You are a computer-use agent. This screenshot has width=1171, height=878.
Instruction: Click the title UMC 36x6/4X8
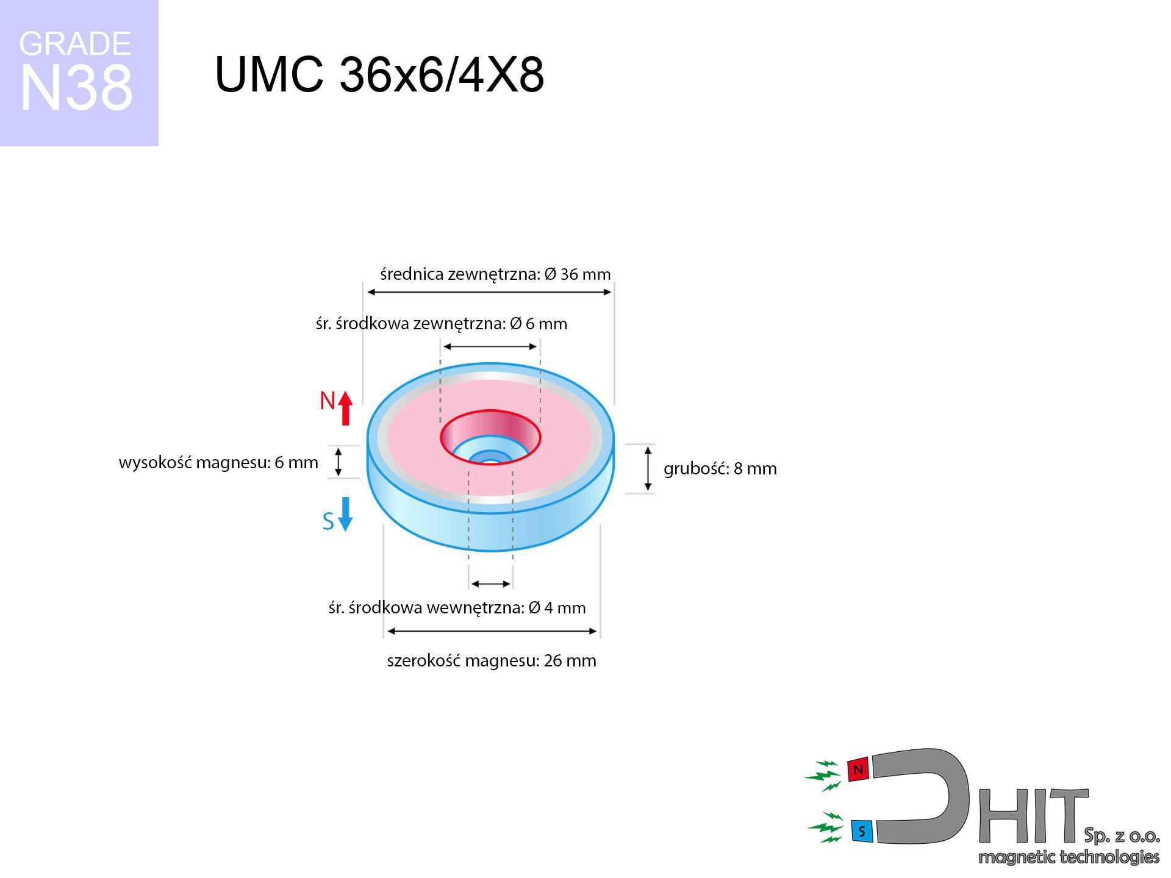[379, 75]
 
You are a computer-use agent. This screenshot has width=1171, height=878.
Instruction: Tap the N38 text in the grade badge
[76, 88]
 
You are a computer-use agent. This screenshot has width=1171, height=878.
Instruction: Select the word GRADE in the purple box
[75, 44]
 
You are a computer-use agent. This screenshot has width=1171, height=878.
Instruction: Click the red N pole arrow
[345, 408]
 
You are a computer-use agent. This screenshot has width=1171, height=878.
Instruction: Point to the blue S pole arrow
[345, 514]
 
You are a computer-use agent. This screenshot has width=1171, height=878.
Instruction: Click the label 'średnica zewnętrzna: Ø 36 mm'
[495, 274]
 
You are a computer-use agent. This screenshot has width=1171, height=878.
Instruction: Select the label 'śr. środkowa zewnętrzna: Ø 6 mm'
[442, 324]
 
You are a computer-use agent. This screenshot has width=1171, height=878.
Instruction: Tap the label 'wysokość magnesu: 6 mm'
[218, 463]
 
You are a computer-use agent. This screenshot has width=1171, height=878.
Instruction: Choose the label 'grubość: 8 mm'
[720, 468]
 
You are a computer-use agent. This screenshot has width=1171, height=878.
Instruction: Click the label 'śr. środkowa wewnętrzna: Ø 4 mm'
[457, 608]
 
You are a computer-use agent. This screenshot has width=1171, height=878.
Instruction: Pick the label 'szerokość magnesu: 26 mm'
[492, 661]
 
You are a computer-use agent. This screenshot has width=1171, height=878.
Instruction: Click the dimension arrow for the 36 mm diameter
[489, 292]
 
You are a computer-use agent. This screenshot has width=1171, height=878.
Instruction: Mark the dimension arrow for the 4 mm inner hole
[491, 584]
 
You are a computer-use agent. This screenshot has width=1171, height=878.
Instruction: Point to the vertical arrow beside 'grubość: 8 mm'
[648, 468]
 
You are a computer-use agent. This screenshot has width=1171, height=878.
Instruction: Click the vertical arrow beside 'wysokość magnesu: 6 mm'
[338, 462]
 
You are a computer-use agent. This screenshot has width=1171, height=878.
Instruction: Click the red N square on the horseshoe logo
[858, 769]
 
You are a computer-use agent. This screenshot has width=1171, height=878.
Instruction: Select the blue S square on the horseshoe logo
[861, 830]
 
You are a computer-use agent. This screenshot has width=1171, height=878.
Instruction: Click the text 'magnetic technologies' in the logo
[1069, 857]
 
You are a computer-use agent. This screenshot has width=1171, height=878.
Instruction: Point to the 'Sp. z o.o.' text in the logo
[1122, 835]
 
